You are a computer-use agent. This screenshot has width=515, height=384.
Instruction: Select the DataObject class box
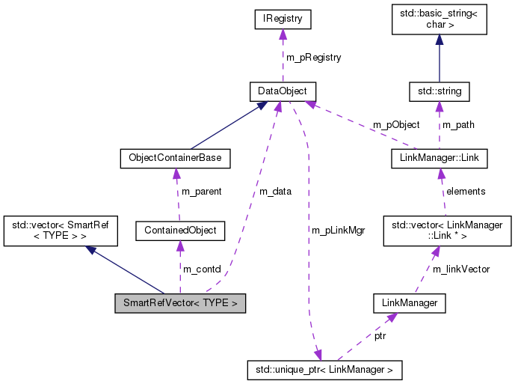pos(283,91)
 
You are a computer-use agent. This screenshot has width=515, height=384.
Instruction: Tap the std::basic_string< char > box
pos(439,21)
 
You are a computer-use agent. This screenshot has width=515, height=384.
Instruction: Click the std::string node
pos(439,91)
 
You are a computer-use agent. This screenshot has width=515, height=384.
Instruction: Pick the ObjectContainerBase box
pos(175,159)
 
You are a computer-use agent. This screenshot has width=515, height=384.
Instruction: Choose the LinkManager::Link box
pos(439,159)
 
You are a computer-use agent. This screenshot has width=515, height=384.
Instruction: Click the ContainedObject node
pos(179,231)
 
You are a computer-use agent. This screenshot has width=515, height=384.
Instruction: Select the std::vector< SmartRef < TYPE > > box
pos(61,231)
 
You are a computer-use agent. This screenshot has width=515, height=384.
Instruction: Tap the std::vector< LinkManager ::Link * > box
pos(446,231)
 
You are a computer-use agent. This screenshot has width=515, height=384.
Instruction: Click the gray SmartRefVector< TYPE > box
pos(179,303)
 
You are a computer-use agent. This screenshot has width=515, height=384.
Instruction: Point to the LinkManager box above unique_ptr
pos(409,303)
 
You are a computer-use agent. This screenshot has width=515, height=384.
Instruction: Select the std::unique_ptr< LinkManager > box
pos(324,370)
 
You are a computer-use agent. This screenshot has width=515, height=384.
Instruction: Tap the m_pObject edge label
pos(396,125)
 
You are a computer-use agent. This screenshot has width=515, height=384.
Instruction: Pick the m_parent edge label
pos(201,192)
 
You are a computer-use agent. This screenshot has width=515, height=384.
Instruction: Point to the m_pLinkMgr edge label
pos(338,231)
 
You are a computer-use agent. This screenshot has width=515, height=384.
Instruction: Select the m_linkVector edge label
pos(461,269)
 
